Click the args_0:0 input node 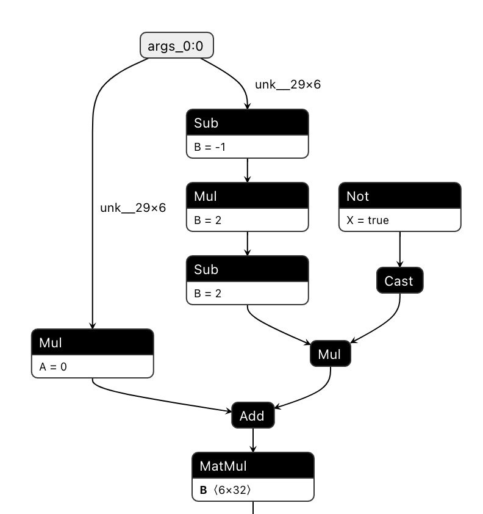click(x=177, y=46)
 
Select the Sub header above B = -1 click(x=247, y=122)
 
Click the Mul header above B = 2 click(x=247, y=195)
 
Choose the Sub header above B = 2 click(x=247, y=269)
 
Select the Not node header click(x=399, y=195)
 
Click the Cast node click(x=399, y=281)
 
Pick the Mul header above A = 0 click(x=91, y=342)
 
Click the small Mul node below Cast click(x=331, y=354)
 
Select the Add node click(x=252, y=416)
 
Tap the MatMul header click(x=252, y=466)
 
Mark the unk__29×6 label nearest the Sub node click(x=288, y=85)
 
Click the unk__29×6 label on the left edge click(x=133, y=208)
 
